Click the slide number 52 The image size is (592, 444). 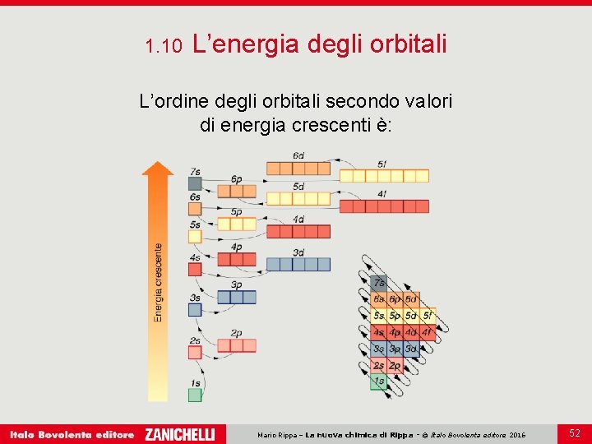click(x=574, y=432)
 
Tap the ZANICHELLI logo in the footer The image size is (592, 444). click(x=179, y=434)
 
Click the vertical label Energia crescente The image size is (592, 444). click(x=158, y=282)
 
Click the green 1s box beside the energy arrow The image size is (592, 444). click(x=195, y=395)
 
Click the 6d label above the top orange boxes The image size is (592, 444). click(x=298, y=155)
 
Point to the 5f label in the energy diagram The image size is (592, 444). click(x=382, y=164)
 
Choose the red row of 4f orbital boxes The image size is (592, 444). click(x=384, y=206)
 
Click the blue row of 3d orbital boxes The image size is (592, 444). click(x=298, y=265)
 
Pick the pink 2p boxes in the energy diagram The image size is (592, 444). click(x=237, y=345)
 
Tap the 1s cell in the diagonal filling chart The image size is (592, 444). click(x=379, y=382)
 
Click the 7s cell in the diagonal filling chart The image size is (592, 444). click(x=379, y=282)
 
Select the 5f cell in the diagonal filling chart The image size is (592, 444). click(x=428, y=316)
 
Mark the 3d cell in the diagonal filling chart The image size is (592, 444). click(x=411, y=349)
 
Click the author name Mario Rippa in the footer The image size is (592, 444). click(x=278, y=434)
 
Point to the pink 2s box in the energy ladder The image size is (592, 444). click(x=195, y=352)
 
